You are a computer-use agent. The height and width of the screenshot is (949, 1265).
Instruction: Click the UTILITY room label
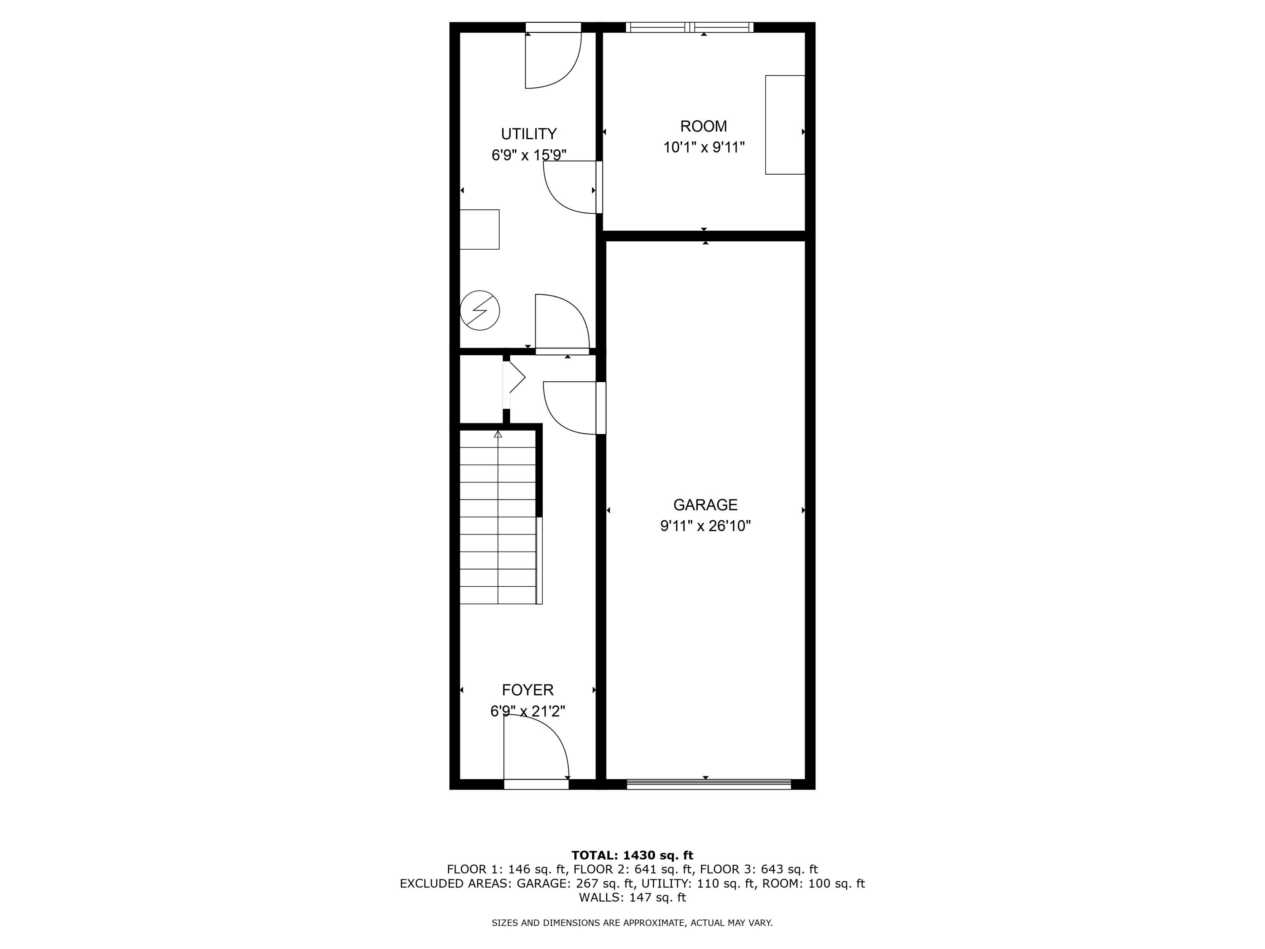tap(528, 134)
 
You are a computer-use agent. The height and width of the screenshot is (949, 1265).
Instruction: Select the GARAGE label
tap(705, 504)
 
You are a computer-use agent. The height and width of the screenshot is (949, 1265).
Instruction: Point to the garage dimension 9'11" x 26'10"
tap(705, 526)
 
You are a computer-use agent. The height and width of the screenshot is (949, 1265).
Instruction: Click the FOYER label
tap(527, 690)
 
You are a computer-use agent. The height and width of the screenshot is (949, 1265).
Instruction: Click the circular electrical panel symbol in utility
tap(480, 310)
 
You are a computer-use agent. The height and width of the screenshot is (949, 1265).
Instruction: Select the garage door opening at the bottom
tap(708, 784)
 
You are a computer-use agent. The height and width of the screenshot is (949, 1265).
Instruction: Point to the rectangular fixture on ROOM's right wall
tap(785, 125)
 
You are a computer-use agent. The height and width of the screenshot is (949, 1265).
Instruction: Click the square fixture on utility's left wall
tap(479, 229)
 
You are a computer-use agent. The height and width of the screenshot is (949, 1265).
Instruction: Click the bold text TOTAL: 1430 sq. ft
tap(632, 855)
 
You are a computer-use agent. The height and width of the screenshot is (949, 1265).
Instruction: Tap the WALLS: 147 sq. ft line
tap(632, 898)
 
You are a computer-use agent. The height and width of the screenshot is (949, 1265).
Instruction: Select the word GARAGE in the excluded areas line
tap(541, 883)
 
